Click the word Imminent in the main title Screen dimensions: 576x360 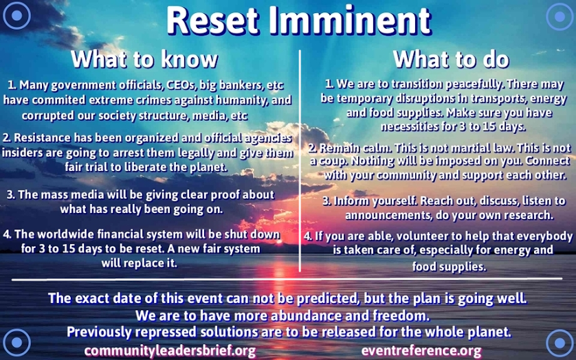pos(350,21)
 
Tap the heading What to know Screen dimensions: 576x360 pos(144,59)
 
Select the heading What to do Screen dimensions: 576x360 pos(451,59)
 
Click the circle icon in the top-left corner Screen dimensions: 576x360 pos(16,15)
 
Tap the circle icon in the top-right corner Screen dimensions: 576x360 pos(560,16)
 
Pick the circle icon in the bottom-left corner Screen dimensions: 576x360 pos(16,342)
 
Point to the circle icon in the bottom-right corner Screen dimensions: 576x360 pos(560,343)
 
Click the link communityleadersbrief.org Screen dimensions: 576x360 pos(170,351)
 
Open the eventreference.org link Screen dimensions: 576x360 pos(421,351)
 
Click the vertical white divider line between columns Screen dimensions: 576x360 pos(300,161)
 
